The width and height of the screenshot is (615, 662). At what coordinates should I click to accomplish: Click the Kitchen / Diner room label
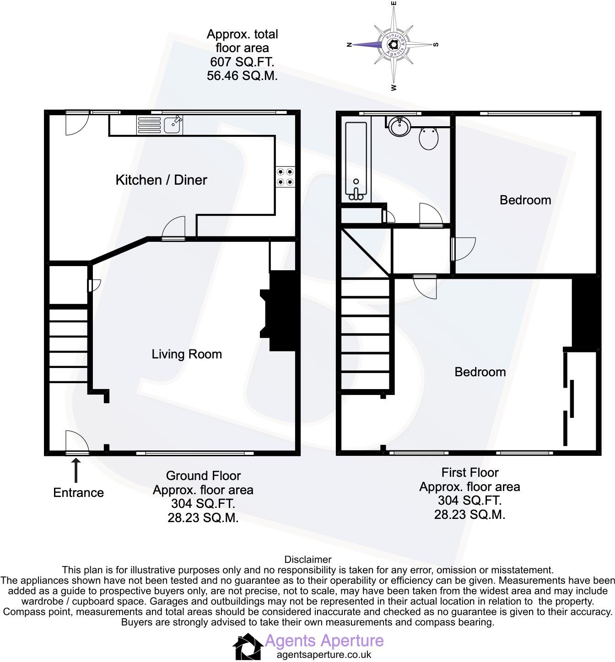click(x=161, y=180)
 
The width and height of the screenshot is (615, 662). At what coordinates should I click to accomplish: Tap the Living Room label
click(x=187, y=354)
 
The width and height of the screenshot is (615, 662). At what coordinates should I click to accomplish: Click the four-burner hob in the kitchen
click(x=285, y=177)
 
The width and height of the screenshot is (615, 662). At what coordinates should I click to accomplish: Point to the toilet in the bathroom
click(x=429, y=138)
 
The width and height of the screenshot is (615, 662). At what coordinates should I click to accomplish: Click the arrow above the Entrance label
click(x=76, y=471)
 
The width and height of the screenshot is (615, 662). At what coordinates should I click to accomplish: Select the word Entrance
click(x=78, y=492)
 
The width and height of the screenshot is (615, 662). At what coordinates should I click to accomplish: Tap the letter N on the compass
click(x=349, y=45)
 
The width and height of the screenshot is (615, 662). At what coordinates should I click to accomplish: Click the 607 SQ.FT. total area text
click(x=242, y=62)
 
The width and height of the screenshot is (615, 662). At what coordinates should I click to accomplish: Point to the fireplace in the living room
click(x=280, y=311)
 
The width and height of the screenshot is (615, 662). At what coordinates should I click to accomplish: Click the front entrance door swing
click(x=76, y=442)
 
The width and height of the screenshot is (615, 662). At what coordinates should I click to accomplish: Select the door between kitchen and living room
click(x=174, y=229)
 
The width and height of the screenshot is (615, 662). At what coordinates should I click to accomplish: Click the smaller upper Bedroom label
click(x=525, y=200)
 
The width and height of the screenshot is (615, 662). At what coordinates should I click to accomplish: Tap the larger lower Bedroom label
click(x=480, y=372)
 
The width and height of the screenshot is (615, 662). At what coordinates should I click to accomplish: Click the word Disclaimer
click(x=307, y=559)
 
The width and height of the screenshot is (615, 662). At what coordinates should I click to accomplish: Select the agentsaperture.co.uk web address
click(x=324, y=654)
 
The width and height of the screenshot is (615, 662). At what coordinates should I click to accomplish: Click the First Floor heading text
click(x=469, y=472)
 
